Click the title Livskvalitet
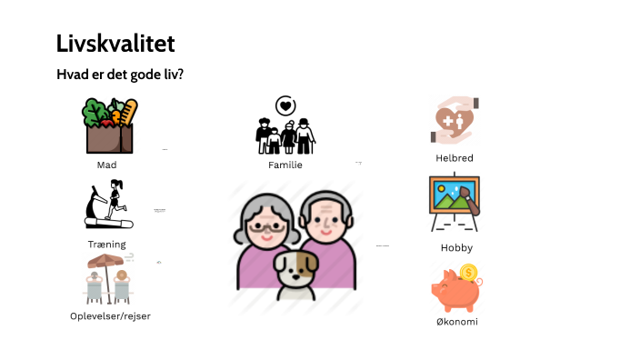click(x=115, y=44)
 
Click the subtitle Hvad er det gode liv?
click(x=119, y=75)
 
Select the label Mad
click(x=106, y=165)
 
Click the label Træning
click(x=107, y=245)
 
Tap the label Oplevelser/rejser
click(x=110, y=315)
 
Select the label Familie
click(x=285, y=165)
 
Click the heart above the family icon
click(x=285, y=105)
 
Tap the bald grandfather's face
click(x=325, y=224)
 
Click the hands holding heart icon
click(x=455, y=122)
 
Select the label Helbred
click(x=455, y=157)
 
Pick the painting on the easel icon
click(x=455, y=203)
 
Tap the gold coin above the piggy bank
click(x=469, y=272)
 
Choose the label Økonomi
click(x=455, y=322)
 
